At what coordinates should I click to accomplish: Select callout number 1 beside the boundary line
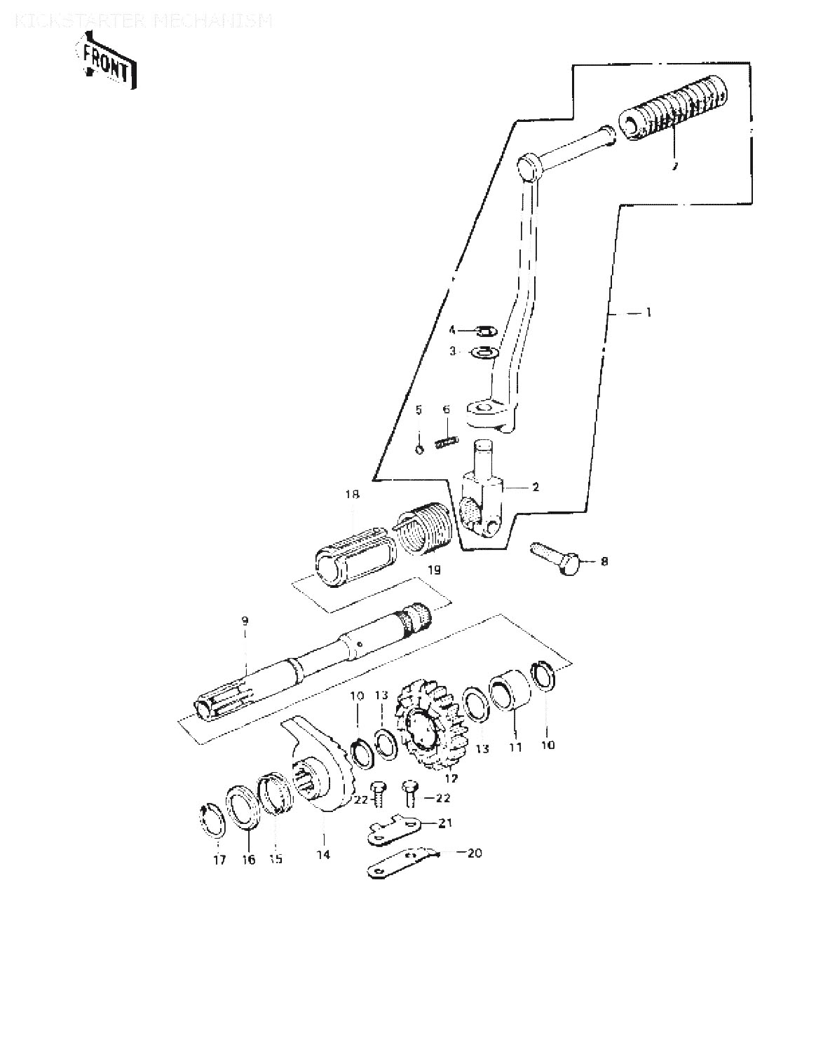tap(648, 313)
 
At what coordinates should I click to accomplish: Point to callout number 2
tap(535, 486)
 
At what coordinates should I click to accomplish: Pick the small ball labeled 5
tap(419, 449)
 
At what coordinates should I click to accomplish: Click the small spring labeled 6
tap(446, 442)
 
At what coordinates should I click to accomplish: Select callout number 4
tap(453, 329)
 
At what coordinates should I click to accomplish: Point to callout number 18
tap(351, 495)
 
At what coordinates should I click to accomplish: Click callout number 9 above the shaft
tap(245, 620)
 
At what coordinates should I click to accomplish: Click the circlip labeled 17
tap(210, 822)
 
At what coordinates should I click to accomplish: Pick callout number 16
tap(249, 860)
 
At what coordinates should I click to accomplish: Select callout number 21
tap(445, 823)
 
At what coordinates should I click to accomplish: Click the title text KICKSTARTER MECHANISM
tap(143, 21)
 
